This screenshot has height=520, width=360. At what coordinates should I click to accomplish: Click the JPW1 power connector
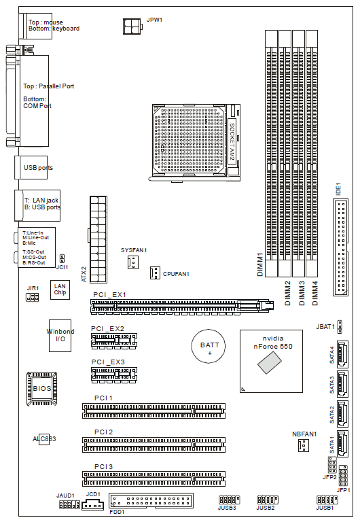click(x=132, y=27)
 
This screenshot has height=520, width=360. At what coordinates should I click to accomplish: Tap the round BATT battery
click(x=208, y=346)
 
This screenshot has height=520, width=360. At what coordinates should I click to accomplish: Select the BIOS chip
click(x=41, y=389)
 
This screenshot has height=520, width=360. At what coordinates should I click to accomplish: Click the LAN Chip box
click(x=60, y=290)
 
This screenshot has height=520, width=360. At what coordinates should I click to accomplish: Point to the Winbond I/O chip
click(x=60, y=336)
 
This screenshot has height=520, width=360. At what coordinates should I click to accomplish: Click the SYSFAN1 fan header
click(x=133, y=262)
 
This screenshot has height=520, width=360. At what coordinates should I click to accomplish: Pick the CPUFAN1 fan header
click(x=155, y=273)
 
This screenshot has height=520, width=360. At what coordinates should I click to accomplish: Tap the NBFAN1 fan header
click(x=304, y=445)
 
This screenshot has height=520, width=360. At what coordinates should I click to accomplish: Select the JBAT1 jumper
click(x=340, y=327)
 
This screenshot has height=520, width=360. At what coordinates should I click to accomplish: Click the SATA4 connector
click(x=342, y=354)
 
